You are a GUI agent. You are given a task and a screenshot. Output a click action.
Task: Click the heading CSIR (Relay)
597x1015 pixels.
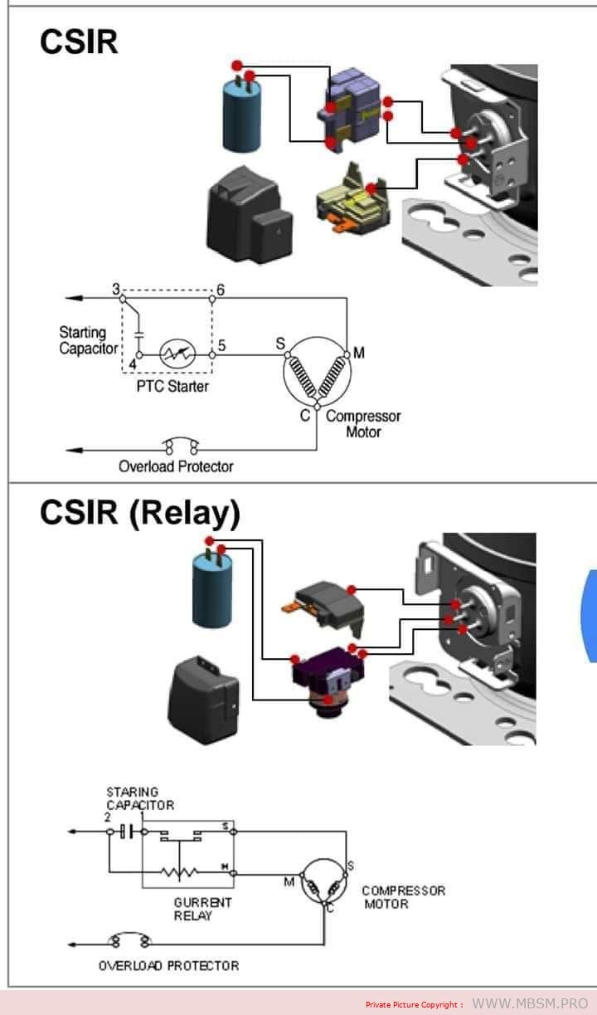tap(139, 514)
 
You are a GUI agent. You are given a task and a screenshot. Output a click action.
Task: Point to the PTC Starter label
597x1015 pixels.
tap(172, 387)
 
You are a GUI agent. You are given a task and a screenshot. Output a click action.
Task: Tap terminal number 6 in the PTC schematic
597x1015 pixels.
tap(220, 290)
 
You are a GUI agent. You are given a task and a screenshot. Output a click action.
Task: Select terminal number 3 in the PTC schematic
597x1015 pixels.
tap(116, 289)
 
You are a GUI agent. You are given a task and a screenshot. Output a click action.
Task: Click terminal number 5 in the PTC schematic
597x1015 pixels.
tap(221, 344)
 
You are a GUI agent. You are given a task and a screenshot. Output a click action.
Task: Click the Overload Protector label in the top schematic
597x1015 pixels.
tap(176, 466)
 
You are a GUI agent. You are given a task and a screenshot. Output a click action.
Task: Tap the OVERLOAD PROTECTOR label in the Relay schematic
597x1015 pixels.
tap(168, 966)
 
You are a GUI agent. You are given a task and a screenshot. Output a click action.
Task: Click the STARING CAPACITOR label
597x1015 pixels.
tap(139, 798)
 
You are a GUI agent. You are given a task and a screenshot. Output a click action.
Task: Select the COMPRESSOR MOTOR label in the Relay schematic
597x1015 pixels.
tap(403, 897)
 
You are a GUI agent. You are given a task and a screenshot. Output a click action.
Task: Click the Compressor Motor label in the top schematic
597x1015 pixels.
tap(363, 423)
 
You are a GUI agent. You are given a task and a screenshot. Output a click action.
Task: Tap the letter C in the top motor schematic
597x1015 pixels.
tap(305, 415)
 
